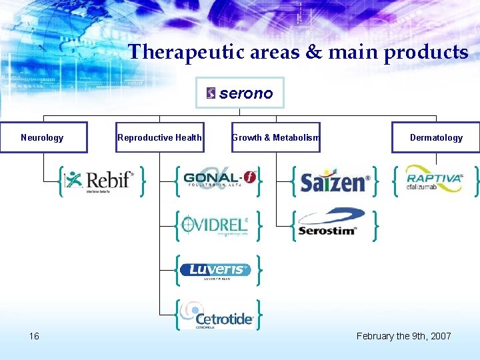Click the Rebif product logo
tap(100, 180)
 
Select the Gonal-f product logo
tap(219, 179)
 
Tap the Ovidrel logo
tap(215, 224)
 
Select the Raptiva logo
tap(434, 178)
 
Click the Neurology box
tap(43, 137)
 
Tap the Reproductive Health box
tap(159, 137)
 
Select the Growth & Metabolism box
tap(276, 137)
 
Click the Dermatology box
tap(435, 137)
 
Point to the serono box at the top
tap(240, 93)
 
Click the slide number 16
tap(34, 335)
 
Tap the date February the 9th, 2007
tap(403, 335)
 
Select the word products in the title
tap(425, 52)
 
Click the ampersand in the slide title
tap(294, 52)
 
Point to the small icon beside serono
tap(211, 93)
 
